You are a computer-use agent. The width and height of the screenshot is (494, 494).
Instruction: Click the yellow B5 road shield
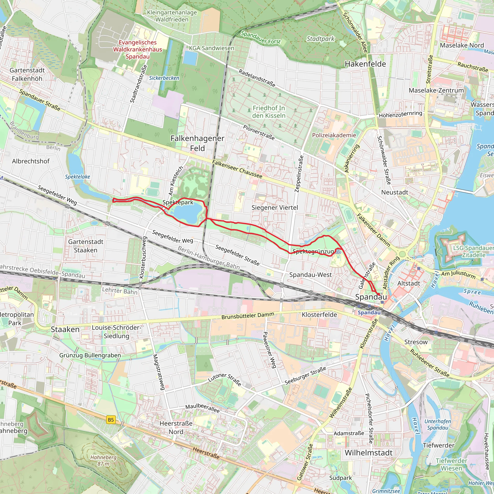111,420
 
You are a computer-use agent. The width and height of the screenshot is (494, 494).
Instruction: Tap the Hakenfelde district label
365,64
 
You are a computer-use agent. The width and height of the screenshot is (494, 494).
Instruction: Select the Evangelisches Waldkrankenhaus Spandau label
137,49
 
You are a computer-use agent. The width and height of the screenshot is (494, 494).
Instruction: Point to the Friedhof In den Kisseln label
268,112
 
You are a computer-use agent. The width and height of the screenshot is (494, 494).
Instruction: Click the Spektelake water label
77,177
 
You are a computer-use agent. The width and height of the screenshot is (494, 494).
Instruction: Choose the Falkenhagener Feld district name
197,143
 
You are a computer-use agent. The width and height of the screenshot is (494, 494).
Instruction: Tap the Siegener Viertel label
274,208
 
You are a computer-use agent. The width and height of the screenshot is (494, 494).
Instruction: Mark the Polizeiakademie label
334,135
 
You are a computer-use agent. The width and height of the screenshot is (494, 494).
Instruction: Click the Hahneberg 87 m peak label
103,460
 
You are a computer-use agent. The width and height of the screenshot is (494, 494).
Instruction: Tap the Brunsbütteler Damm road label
247,316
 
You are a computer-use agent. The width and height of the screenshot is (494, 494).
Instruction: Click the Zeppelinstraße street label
299,174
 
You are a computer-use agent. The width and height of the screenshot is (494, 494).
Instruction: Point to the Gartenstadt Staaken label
86,246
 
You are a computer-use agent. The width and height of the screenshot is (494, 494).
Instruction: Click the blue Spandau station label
369,312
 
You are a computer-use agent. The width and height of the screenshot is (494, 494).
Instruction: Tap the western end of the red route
113,200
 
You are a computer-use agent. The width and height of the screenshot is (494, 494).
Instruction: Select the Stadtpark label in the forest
320,39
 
